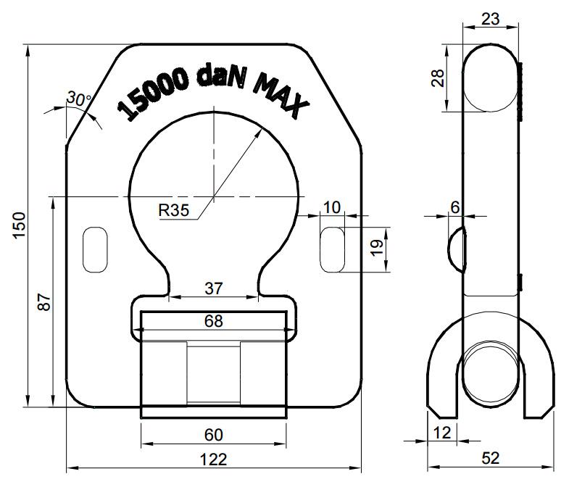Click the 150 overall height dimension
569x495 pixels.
point(20,225)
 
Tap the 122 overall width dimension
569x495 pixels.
point(213,459)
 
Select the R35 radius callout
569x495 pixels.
point(174,210)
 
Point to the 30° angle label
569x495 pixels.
point(79,99)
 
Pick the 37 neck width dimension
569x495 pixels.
point(213,288)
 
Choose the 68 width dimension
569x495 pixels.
point(213,321)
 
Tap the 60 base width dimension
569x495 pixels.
point(213,435)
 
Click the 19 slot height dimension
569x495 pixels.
point(378,248)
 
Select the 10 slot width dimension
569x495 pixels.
point(332,207)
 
